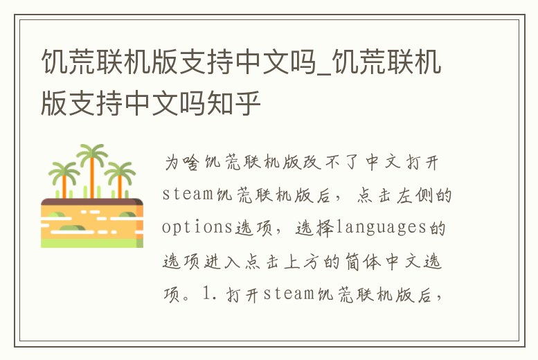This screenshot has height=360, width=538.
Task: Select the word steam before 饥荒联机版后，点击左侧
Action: (x=188, y=195)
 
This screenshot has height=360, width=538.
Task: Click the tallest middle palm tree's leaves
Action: (x=91, y=154)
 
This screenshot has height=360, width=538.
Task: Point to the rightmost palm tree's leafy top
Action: (x=119, y=170)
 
